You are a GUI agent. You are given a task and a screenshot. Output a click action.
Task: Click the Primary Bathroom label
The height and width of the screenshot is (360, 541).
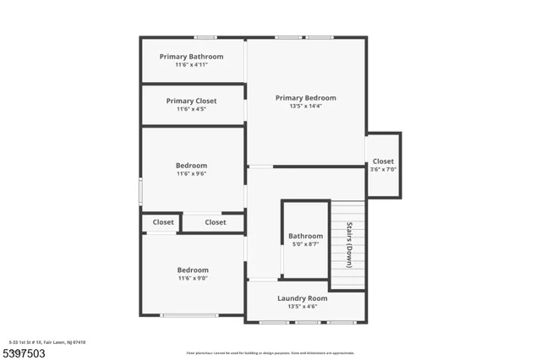(192, 57)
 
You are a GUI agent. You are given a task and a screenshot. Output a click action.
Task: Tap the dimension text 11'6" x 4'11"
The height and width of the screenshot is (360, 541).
(192, 65)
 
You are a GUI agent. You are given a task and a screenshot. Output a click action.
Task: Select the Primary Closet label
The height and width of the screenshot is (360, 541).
(192, 101)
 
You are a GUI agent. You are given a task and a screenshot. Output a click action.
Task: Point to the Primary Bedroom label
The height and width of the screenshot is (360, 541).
(306, 98)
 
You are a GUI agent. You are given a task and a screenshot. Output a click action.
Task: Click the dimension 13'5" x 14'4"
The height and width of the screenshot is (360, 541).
(306, 106)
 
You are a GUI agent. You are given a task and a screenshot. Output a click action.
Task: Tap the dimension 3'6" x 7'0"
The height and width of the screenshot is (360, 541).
(383, 169)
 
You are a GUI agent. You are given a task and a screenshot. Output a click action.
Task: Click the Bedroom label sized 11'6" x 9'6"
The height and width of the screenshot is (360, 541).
(191, 166)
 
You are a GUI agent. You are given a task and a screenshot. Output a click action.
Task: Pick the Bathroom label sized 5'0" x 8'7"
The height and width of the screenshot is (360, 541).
(305, 236)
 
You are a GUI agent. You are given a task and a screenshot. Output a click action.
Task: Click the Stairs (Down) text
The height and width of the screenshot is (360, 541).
(349, 244)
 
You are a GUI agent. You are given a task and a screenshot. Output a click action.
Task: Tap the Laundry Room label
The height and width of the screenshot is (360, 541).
(303, 298)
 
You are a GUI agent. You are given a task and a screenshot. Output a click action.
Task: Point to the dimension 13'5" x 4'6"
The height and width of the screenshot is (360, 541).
(303, 307)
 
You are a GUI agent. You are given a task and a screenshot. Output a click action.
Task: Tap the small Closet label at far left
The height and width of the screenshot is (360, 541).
(162, 222)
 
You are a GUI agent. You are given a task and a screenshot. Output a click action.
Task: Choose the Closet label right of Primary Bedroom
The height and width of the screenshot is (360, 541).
(383, 161)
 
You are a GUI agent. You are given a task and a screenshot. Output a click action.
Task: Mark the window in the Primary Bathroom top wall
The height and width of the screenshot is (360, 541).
(205, 37)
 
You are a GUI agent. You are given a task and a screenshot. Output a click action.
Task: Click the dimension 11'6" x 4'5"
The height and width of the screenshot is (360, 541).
(192, 109)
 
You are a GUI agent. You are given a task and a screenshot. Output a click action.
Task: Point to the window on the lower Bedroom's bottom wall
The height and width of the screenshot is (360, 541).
(189, 315)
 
